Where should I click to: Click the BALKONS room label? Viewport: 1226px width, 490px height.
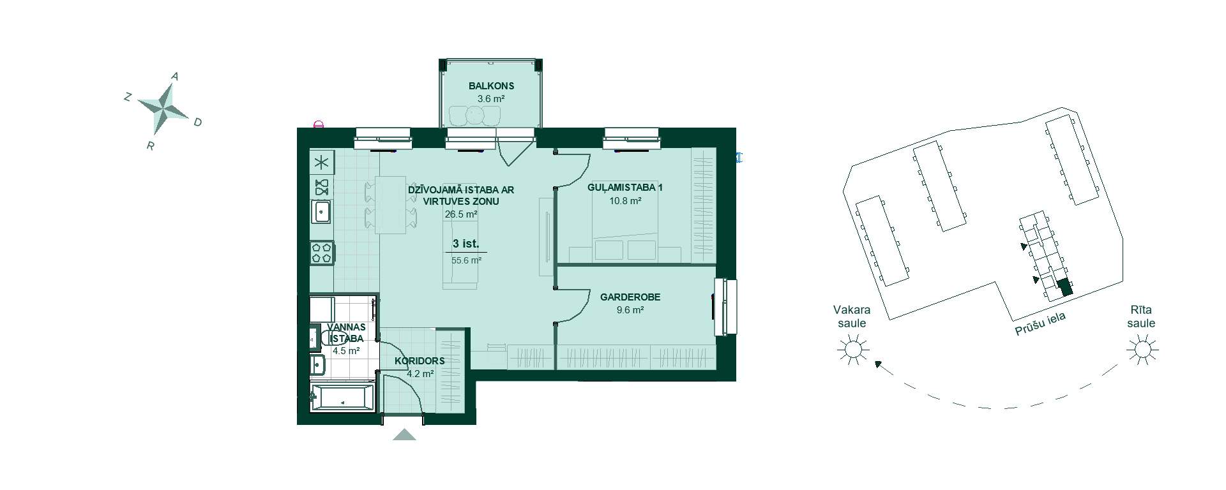tap(491, 85)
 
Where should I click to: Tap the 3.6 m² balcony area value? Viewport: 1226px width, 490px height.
tap(491, 99)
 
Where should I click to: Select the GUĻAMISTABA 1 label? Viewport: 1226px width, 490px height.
tap(625, 188)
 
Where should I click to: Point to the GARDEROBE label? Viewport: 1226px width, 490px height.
tap(630, 297)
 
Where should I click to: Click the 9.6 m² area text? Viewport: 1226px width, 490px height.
tap(630, 310)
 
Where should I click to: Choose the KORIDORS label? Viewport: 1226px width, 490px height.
tap(420, 360)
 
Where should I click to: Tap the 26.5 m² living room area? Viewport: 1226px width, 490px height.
tap(461, 214)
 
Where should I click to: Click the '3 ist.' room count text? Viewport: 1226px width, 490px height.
tap(465, 244)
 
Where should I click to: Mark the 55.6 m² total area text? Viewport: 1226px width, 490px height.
tap(466, 260)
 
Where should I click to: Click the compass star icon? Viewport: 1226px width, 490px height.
tap(163, 108)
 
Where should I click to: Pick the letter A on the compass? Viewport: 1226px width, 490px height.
tap(175, 77)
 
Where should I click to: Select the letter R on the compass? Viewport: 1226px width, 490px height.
tap(151, 145)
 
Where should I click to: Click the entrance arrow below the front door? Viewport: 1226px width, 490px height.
tap(404, 435)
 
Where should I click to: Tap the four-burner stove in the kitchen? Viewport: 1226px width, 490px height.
tap(321, 253)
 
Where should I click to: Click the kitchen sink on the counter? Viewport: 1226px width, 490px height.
tap(321, 211)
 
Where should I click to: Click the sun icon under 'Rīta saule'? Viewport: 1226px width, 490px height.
tap(1142, 350)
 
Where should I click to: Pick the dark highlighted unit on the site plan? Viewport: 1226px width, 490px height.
tap(1064, 288)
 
